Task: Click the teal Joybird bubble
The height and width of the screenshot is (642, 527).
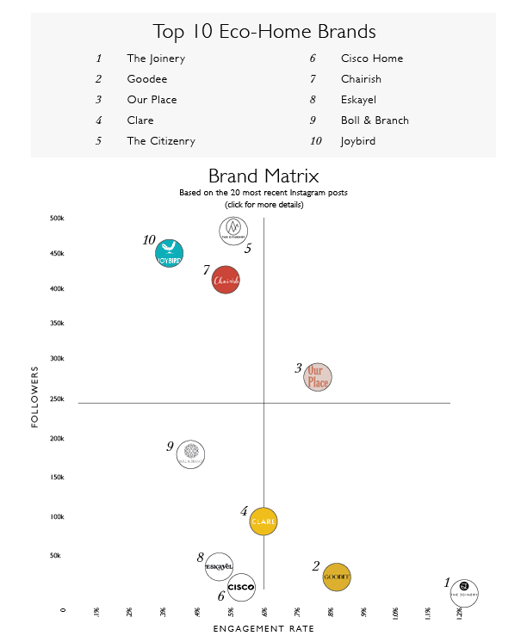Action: (170, 254)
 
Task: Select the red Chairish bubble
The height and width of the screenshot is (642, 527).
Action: (226, 281)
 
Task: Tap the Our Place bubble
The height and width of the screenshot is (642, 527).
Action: (318, 377)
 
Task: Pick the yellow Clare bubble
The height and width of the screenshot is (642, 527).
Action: (263, 522)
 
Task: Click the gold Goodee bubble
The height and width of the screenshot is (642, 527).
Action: (337, 577)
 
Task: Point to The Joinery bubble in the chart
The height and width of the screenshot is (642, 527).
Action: (464, 592)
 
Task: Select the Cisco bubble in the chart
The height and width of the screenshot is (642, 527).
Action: (241, 587)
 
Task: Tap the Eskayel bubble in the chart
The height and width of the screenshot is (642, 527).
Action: (220, 566)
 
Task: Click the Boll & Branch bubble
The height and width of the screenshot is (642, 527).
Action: (190, 454)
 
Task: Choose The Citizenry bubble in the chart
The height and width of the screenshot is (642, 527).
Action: (233, 231)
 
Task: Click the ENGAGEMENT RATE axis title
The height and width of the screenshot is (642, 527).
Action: (263, 629)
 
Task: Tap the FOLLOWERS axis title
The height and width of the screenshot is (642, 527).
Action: (35, 396)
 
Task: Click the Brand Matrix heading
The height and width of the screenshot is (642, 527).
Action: (263, 177)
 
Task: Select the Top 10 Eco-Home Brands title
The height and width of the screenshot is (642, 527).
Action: (263, 32)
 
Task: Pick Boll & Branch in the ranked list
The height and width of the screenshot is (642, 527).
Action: (375, 120)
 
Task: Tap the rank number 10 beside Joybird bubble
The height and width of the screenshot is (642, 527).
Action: (149, 240)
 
